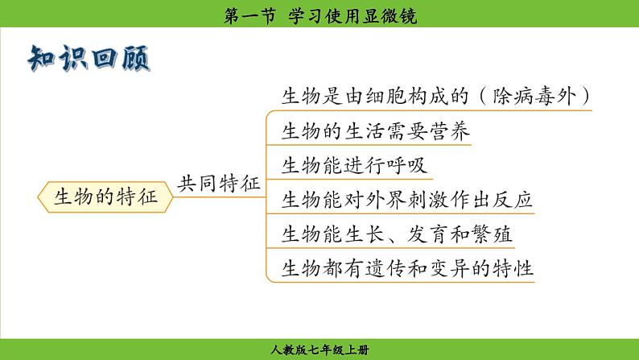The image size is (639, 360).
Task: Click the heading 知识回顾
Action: click(89, 58)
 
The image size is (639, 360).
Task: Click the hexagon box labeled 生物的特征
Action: click(105, 197)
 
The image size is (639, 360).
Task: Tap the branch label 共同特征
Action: click(219, 184)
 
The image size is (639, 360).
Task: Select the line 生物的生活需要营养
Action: click(375, 131)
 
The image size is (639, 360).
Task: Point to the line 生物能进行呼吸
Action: click(354, 166)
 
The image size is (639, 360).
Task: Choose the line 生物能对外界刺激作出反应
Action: click(407, 200)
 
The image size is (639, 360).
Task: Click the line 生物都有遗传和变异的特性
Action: click(407, 268)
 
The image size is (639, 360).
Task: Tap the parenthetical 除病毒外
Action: click(534, 97)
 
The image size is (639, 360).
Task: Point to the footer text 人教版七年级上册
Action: click(319, 350)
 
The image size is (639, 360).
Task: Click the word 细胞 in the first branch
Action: click(386, 97)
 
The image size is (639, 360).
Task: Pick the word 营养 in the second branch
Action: click(450, 131)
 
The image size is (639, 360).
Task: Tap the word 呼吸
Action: click(407, 166)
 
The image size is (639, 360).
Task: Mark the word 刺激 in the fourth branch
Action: click(428, 200)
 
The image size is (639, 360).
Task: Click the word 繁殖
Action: click(492, 234)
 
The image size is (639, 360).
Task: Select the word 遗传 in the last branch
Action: click(386, 268)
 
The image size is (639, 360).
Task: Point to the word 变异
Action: click(450, 268)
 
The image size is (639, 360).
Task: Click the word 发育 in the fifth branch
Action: click(427, 234)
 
